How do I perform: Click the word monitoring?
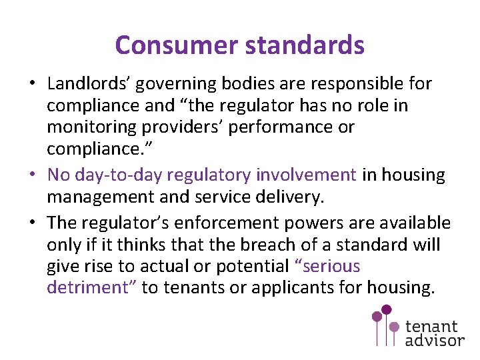coord(87,127)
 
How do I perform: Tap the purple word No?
coord(59,175)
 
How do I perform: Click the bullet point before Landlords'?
coord(32,84)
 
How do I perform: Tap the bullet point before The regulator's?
coord(32,223)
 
